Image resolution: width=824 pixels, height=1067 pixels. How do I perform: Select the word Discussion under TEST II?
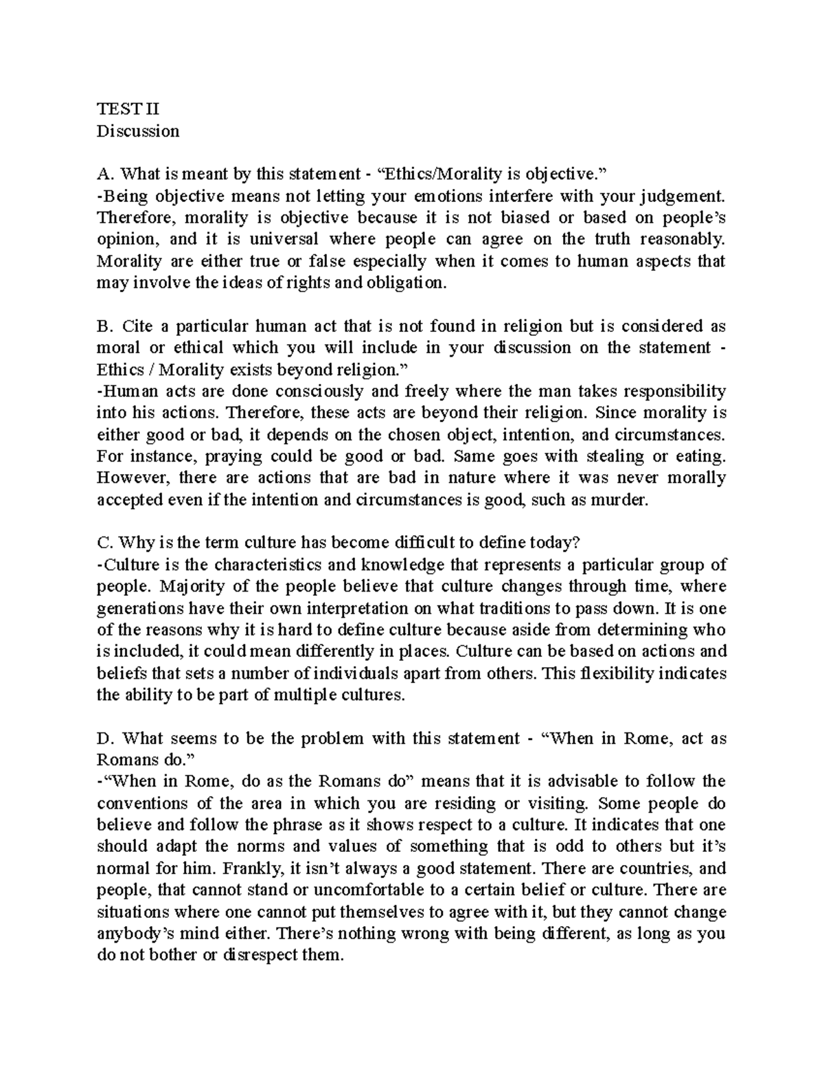tap(138, 131)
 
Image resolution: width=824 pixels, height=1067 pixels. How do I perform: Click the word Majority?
tap(192, 587)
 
